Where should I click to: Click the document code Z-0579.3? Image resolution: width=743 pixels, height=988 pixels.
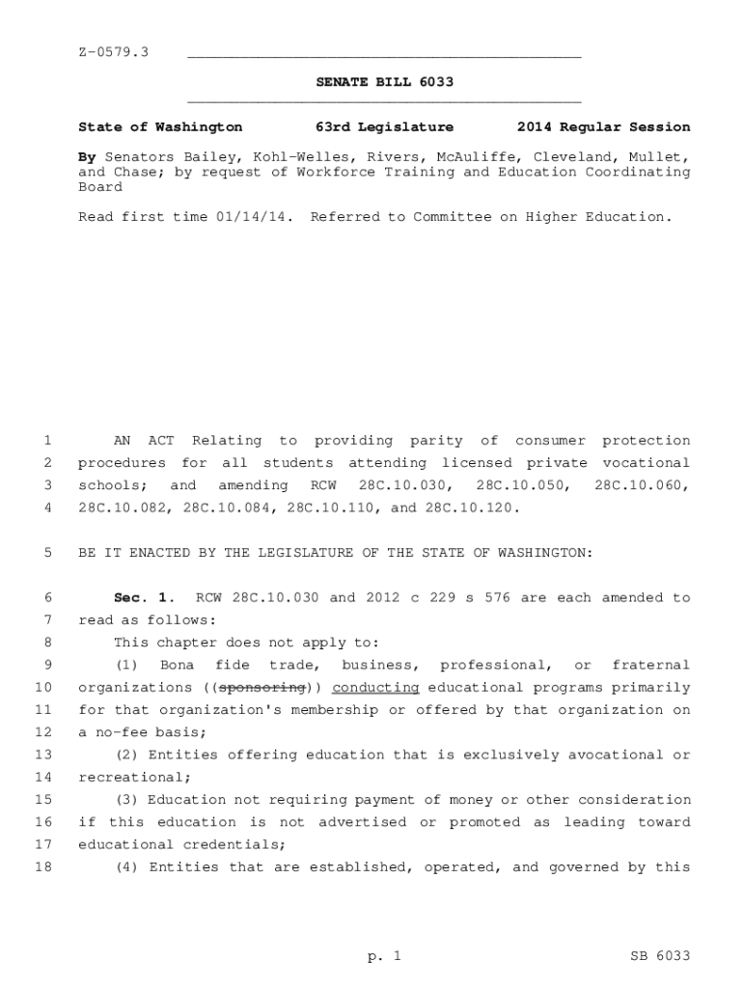point(113,51)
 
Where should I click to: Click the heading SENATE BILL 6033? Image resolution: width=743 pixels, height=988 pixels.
point(384,83)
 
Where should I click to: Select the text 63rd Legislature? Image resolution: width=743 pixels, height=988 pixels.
point(384,127)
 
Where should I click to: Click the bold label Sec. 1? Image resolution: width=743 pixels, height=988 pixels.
point(141,598)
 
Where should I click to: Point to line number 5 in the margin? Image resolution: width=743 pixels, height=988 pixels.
point(47,554)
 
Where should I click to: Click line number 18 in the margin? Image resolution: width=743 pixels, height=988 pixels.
point(43,867)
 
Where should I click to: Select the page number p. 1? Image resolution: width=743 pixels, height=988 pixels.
point(383,956)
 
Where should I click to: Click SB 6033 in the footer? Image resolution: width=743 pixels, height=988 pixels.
point(659,956)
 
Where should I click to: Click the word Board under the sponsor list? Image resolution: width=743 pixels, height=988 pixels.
point(99,187)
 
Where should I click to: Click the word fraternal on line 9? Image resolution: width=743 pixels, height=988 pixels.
point(651,666)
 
